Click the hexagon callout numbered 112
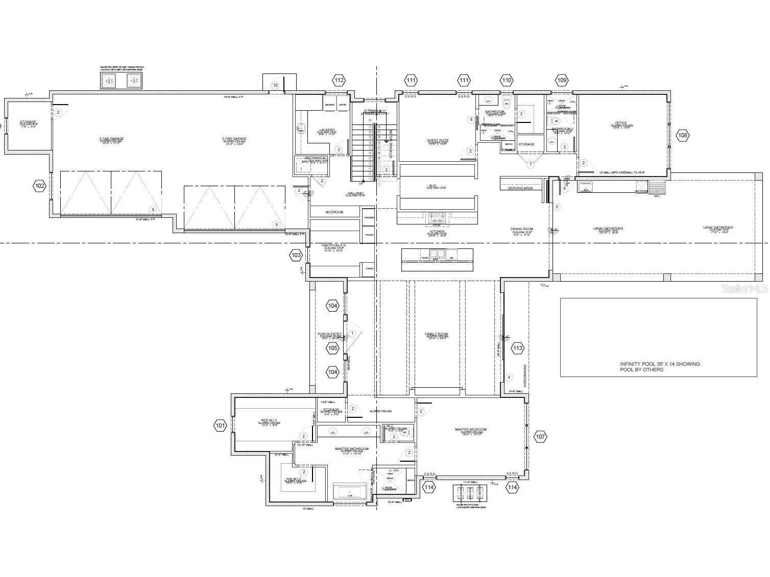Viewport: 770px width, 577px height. tap(339, 80)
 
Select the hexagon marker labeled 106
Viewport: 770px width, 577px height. tap(682, 135)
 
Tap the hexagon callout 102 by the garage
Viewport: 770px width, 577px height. tap(40, 186)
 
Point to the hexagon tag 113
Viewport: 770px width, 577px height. tap(517, 348)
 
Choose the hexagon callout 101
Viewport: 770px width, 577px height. tap(220, 425)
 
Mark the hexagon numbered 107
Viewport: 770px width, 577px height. tap(540, 437)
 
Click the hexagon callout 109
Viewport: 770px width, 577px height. tap(562, 80)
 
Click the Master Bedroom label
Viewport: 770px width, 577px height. tap(470, 430)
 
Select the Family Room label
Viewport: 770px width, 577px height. tap(436, 335)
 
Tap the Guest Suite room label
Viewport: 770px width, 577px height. tap(438, 140)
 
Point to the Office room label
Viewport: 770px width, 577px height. tap(621, 123)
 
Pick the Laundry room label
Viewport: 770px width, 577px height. tap(327, 130)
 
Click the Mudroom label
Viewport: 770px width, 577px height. tap(334, 212)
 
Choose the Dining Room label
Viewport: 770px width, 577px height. tap(522, 229)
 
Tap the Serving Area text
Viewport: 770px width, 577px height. tap(520, 188)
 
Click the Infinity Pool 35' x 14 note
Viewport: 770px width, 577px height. tap(660, 366)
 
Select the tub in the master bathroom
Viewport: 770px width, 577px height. tap(350, 493)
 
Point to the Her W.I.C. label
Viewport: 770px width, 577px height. tap(268, 421)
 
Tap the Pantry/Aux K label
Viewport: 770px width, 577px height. tap(333, 245)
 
